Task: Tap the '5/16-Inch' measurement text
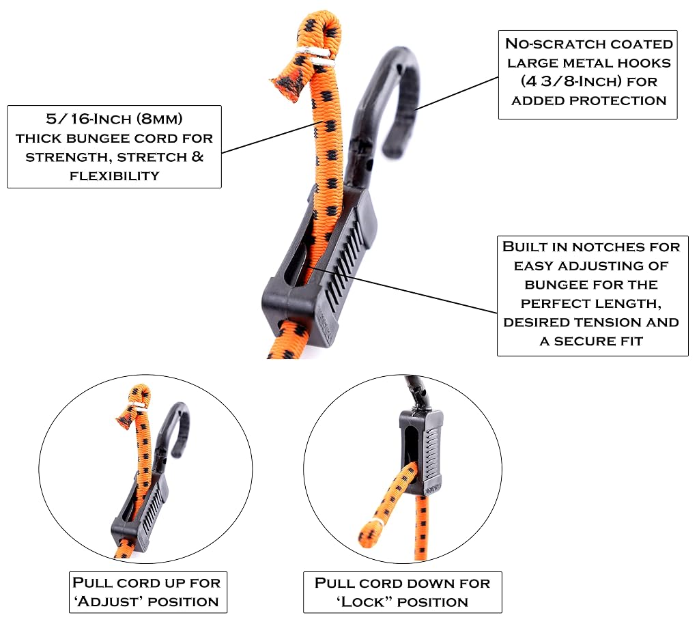tap(89, 119)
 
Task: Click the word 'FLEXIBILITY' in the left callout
tap(115, 176)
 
